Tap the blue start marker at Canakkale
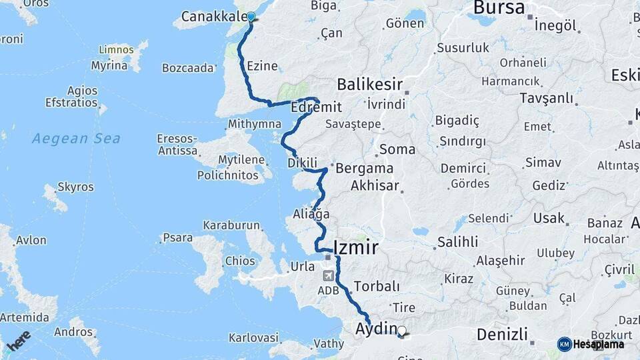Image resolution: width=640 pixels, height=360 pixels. click(x=251, y=17)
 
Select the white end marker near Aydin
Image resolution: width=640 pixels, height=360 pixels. click(x=401, y=330)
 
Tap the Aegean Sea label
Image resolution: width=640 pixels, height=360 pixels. click(x=76, y=139)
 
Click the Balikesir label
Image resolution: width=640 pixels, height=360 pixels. click(x=369, y=85)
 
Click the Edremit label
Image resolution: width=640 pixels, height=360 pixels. click(x=317, y=107)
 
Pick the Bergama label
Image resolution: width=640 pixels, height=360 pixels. click(x=364, y=168)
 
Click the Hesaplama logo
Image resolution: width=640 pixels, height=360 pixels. click(x=591, y=344)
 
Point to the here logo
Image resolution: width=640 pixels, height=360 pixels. click(x=19, y=340)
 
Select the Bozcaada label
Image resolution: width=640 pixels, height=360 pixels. click(x=187, y=67)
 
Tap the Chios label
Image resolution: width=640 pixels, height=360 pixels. click(x=240, y=261)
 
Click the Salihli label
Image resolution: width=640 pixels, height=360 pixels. click(x=457, y=241)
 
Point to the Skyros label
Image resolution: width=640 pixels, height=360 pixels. click(x=75, y=187)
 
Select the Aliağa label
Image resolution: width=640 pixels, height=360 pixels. click(x=311, y=214)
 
